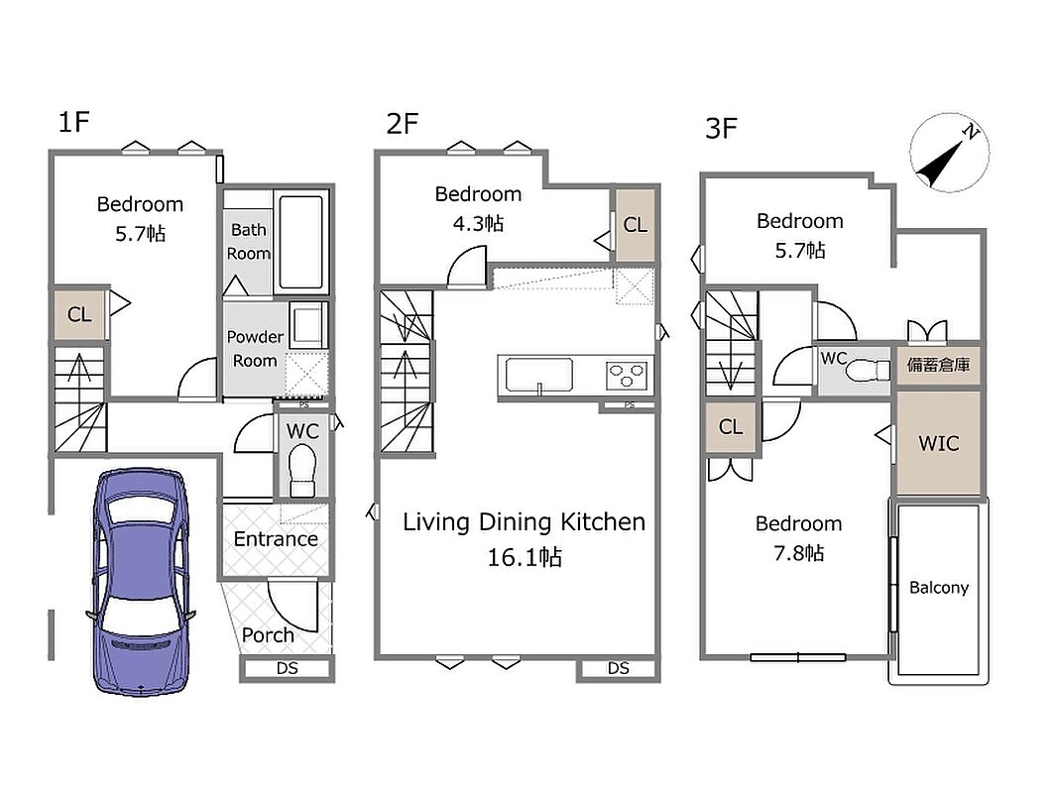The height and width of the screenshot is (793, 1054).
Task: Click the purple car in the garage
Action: (x=141, y=582)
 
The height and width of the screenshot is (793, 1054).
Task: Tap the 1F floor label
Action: (x=74, y=122)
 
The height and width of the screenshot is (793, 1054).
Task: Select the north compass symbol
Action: (x=949, y=153)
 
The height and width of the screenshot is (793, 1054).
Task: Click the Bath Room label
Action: (x=249, y=241)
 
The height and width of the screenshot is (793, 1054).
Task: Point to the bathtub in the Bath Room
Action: (x=300, y=242)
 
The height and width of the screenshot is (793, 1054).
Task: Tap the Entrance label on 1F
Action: (x=276, y=539)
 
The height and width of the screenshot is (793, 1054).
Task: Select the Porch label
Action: (x=268, y=635)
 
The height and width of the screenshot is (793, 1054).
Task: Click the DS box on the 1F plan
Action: (x=287, y=669)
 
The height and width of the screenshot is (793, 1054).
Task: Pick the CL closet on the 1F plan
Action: (x=79, y=314)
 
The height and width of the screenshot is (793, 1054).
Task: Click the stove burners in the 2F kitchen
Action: (x=627, y=375)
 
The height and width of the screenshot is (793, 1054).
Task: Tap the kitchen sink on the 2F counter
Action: (x=539, y=375)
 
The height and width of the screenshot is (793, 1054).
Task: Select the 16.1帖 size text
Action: (x=525, y=557)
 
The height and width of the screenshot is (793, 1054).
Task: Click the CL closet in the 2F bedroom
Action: (x=636, y=225)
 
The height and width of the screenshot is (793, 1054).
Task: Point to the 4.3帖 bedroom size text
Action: (x=478, y=223)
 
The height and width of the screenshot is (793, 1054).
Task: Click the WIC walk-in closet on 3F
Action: (x=938, y=443)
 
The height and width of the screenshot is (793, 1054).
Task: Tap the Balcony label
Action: (x=938, y=588)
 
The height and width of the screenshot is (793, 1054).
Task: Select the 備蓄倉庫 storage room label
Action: (x=938, y=365)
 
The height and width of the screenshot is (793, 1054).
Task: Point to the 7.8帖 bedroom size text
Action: (x=798, y=553)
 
